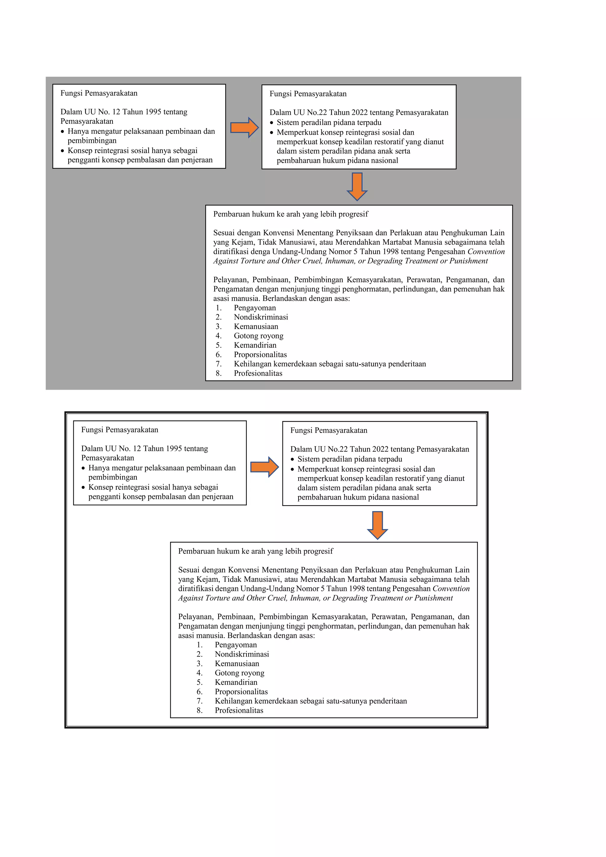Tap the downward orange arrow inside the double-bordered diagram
pyautogui.click(x=377, y=525)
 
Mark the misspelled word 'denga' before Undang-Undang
pyautogui.click(x=260, y=252)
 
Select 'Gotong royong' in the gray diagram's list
pyautogui.click(x=259, y=336)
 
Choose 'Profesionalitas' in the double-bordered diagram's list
pyautogui.click(x=239, y=710)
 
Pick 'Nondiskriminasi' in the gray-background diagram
pyautogui.click(x=261, y=317)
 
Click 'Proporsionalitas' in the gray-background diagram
pyautogui.click(x=260, y=355)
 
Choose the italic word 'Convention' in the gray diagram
pyautogui.click(x=486, y=252)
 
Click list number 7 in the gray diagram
pyautogui.click(x=219, y=364)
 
